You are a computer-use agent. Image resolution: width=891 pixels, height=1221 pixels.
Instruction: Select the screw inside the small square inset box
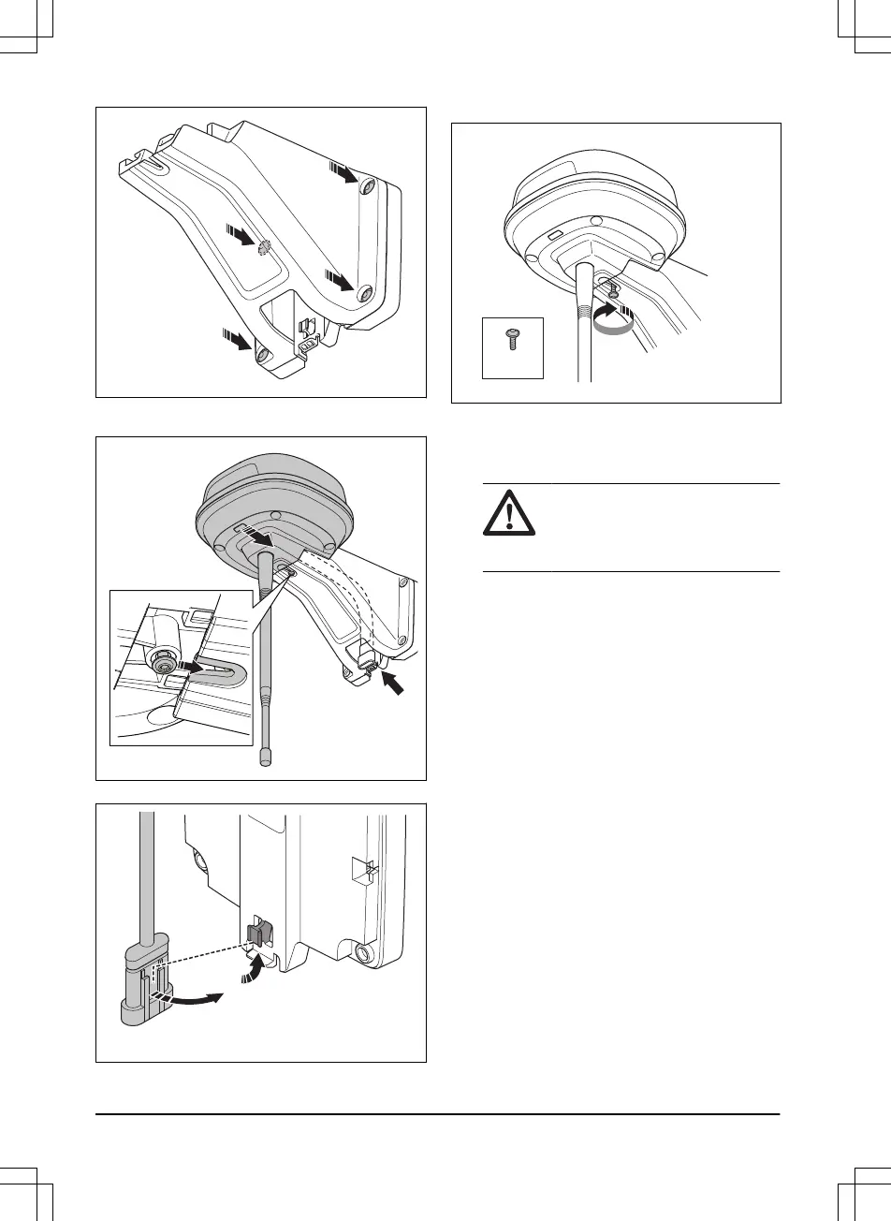click(512, 339)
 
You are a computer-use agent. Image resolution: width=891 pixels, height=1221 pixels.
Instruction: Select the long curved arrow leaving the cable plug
click(195, 1003)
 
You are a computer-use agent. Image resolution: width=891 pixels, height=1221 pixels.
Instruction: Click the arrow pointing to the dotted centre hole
click(242, 236)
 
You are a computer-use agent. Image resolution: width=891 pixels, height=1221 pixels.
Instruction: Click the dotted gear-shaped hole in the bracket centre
click(264, 245)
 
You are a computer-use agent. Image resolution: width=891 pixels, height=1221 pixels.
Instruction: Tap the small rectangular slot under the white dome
click(554, 235)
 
